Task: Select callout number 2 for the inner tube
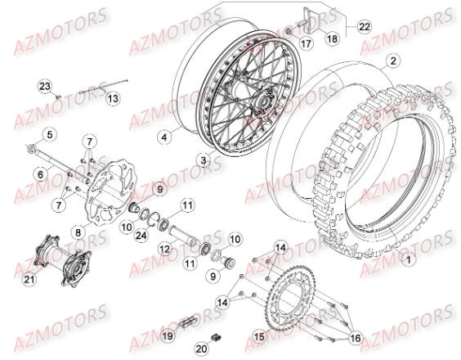pyautogui.click(x=393, y=61)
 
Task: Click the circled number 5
pyautogui.click(x=48, y=134)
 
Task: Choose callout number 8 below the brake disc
pyautogui.click(x=78, y=233)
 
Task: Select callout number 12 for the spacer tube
pyautogui.click(x=163, y=248)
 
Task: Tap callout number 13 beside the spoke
pyautogui.click(x=114, y=98)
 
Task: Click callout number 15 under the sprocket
pyautogui.click(x=259, y=335)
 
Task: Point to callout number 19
pyautogui.click(x=167, y=335)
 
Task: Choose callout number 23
pyautogui.click(x=44, y=87)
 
